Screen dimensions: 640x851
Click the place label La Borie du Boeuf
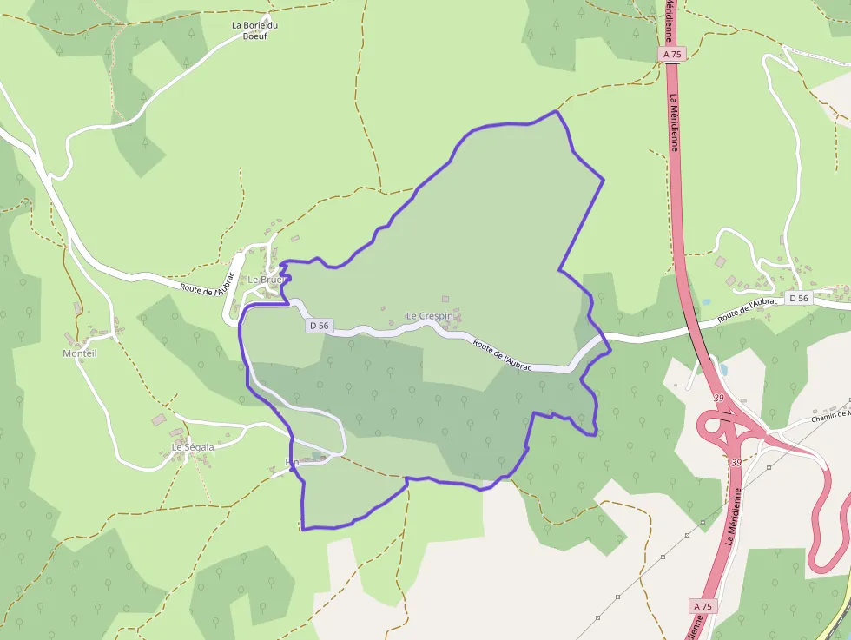254,30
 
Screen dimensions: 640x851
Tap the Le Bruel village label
266,280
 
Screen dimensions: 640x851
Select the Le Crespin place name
429,316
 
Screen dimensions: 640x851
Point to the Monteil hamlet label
80,353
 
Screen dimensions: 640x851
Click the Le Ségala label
192,447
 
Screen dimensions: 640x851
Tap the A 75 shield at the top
673,54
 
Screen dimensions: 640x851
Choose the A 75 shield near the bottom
703,605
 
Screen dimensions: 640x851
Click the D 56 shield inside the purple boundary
319,326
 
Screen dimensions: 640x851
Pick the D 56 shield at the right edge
798,298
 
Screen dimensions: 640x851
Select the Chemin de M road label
829,416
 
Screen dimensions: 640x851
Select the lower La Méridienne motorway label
730,516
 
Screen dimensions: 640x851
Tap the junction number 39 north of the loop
718,398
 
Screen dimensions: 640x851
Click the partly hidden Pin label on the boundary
292,462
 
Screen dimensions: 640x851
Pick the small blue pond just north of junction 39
723,369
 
